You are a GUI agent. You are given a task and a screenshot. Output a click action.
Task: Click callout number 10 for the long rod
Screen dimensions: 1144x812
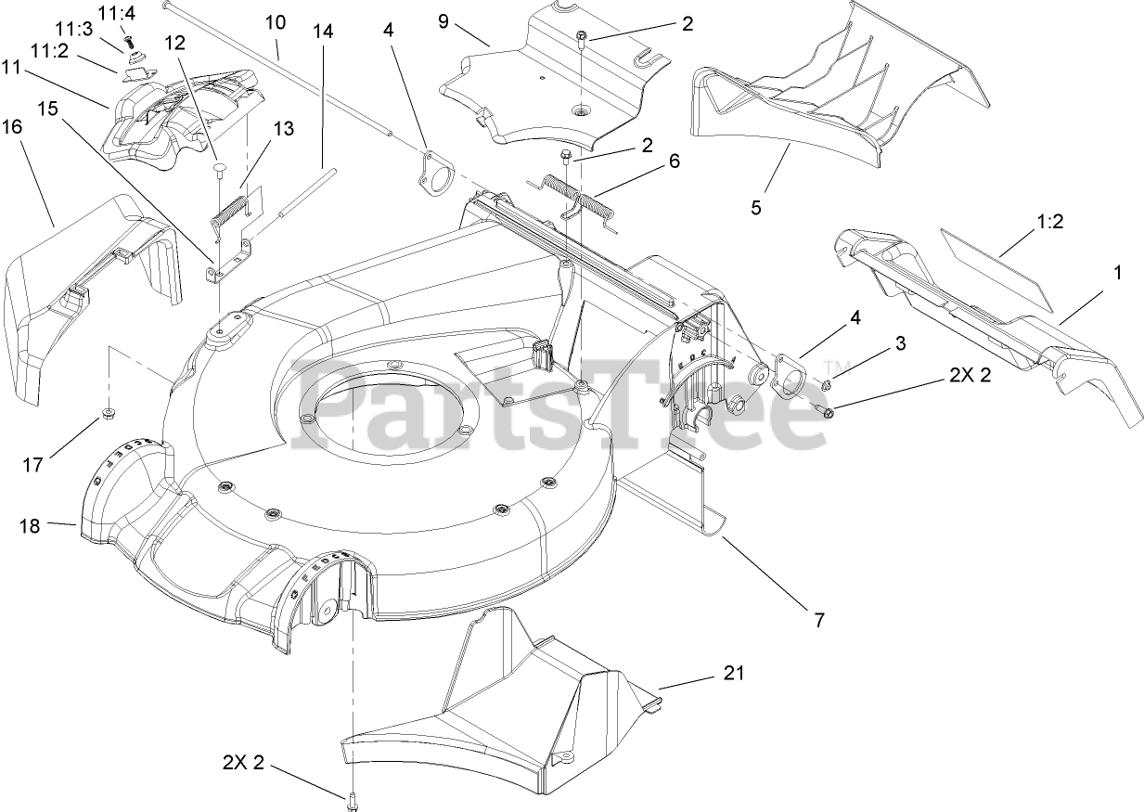(x=276, y=21)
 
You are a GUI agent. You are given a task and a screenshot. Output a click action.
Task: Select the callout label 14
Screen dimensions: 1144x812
(x=323, y=31)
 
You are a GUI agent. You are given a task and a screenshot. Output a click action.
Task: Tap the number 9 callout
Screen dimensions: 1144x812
(x=444, y=20)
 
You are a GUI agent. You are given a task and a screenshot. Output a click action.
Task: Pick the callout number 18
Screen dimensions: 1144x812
(x=30, y=526)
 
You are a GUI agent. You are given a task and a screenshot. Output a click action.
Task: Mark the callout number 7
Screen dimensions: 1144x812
(x=819, y=619)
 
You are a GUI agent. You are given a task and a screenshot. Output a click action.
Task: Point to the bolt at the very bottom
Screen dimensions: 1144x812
(x=352, y=799)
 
